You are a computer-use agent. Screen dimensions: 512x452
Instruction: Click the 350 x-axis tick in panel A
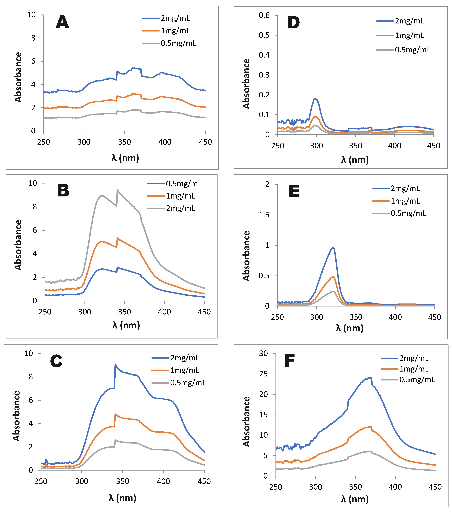[124, 142]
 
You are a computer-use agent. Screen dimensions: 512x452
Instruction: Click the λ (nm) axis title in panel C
[122, 498]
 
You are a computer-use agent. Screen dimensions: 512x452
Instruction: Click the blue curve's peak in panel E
[333, 248]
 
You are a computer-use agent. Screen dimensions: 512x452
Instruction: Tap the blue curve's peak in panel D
[315, 98]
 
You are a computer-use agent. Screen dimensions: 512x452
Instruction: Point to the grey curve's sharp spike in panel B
[117, 190]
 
